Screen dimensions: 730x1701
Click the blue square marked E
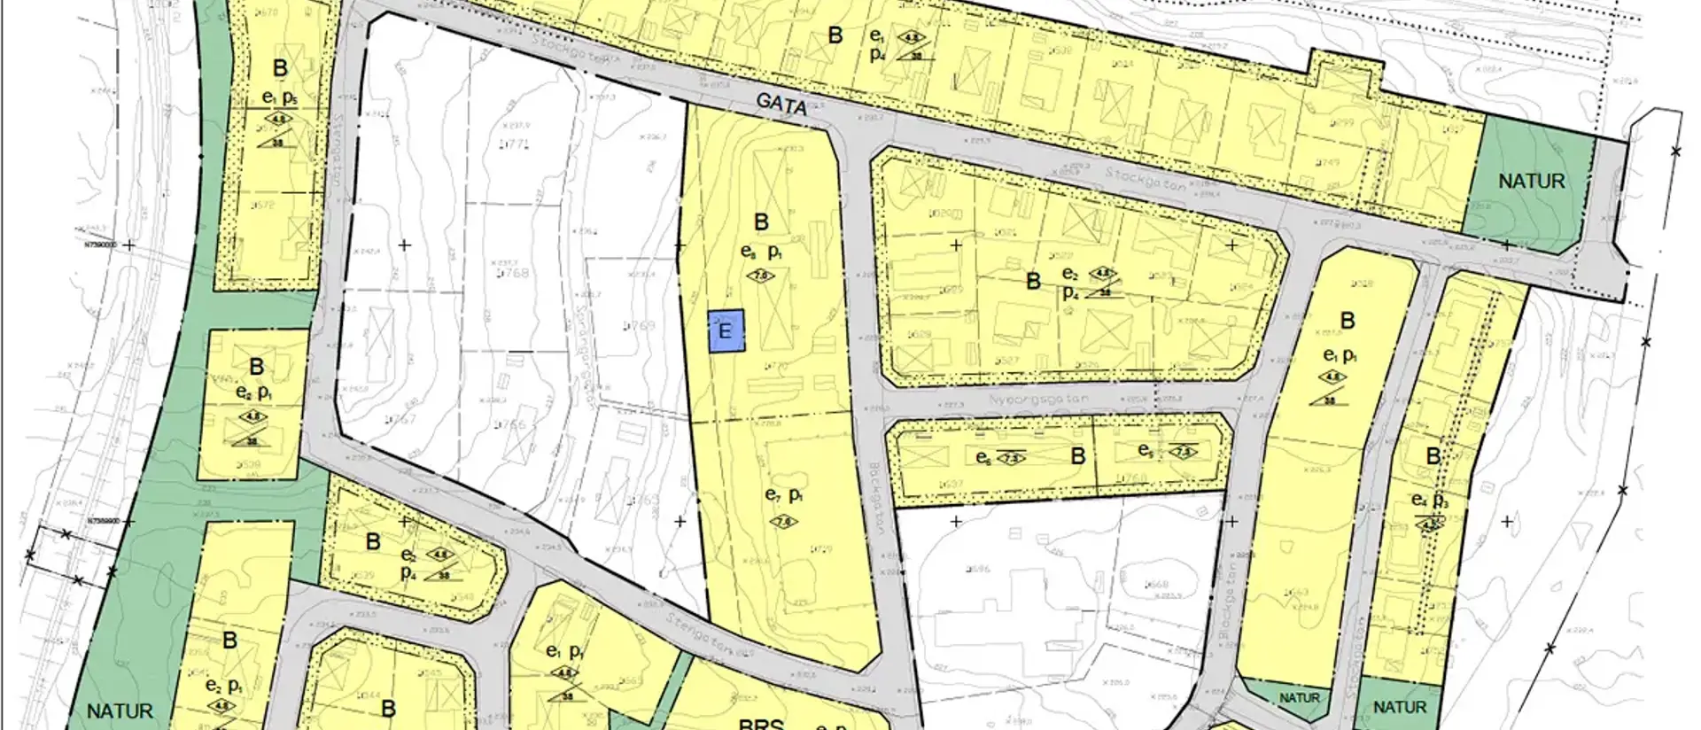(x=726, y=331)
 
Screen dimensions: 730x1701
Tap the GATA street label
(x=782, y=105)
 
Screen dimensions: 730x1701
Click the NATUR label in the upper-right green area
(x=1531, y=182)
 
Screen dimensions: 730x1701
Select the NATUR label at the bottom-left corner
(x=120, y=711)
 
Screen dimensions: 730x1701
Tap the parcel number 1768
(x=514, y=273)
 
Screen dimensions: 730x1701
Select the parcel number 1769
(x=638, y=326)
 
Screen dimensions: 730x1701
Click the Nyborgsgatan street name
(x=1038, y=400)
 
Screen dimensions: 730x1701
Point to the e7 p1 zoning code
(x=784, y=495)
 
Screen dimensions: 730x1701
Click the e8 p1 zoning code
(x=761, y=252)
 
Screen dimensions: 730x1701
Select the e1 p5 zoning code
(x=278, y=96)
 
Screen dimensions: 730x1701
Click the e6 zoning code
(x=983, y=457)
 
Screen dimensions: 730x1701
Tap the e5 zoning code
(x=1146, y=451)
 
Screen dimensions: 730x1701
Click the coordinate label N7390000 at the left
(x=95, y=245)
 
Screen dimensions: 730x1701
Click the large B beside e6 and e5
(x=1078, y=456)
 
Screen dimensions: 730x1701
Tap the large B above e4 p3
(x=1433, y=456)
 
